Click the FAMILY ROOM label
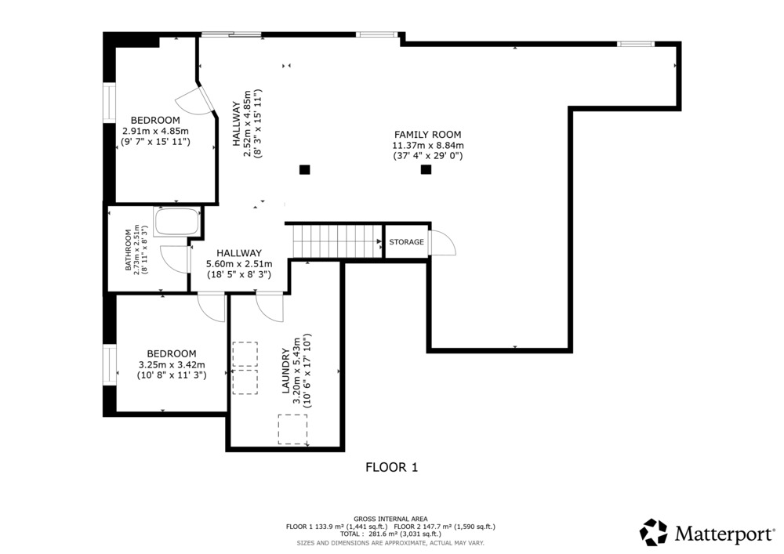click(x=427, y=134)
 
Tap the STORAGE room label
click(x=406, y=242)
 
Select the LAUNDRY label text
click(x=286, y=371)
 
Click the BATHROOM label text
click(x=128, y=249)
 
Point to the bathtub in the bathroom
click(x=176, y=221)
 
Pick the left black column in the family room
click(x=304, y=169)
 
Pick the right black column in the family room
click(x=426, y=169)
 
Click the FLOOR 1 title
click(x=391, y=467)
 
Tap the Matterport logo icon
click(x=654, y=532)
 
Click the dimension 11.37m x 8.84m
click(x=428, y=146)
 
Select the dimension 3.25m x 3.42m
click(x=172, y=364)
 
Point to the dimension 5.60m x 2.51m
click(x=239, y=264)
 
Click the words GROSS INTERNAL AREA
click(x=390, y=519)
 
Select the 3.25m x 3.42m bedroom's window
click(x=110, y=364)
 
